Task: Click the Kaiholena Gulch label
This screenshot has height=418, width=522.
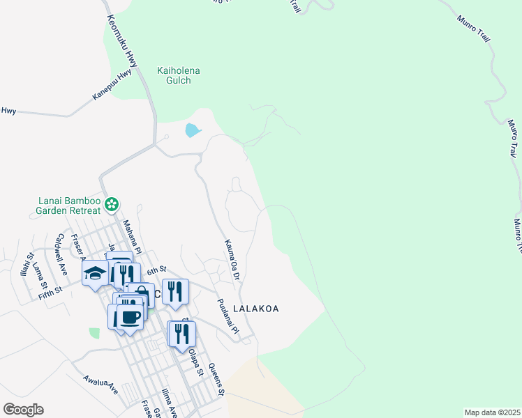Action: coord(174,75)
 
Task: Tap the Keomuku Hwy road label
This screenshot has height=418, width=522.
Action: coord(122,42)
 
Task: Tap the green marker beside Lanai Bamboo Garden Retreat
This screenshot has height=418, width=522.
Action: coord(112,205)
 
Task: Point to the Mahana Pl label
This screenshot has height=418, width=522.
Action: coord(132,237)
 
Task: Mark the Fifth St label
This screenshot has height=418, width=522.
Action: coord(50,286)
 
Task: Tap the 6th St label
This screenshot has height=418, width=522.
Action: coord(154,269)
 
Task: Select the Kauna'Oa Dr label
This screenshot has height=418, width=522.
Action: coord(232,260)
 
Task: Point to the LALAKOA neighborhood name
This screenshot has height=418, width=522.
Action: coord(255,308)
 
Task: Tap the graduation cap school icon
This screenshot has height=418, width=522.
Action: coord(95,273)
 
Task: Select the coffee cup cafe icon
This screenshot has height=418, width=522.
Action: coord(129,318)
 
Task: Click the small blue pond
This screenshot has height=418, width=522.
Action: coord(191,130)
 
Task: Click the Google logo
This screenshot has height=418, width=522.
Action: coord(23,410)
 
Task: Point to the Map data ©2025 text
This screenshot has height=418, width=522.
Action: coord(492,412)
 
